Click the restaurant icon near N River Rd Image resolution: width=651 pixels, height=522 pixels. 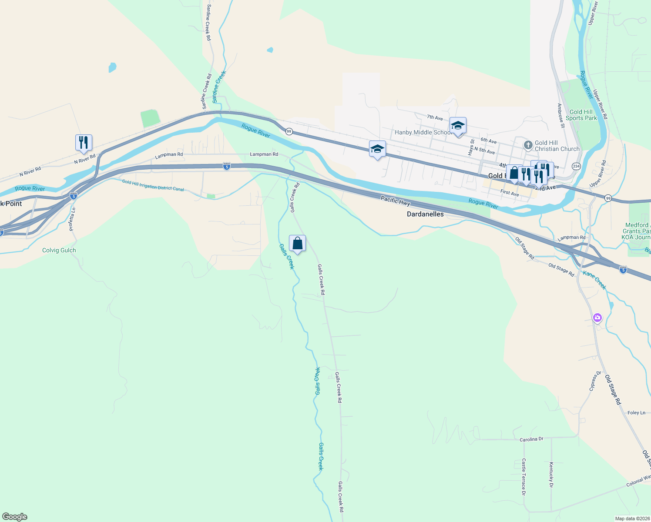(84, 143)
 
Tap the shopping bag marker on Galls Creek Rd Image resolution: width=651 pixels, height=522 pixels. (297, 244)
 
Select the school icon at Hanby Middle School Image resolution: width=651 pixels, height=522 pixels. (458, 126)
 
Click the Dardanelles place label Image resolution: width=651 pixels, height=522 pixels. (425, 214)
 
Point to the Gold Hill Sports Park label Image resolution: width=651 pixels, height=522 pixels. (581, 115)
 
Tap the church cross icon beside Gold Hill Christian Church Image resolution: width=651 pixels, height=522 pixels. (528, 145)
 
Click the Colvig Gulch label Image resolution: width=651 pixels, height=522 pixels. (59, 250)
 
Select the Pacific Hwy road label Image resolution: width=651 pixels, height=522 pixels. (395, 201)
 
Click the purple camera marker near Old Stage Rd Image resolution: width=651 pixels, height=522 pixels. (597, 318)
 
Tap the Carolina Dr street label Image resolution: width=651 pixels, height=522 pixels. (531, 439)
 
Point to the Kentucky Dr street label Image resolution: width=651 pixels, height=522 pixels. (551, 475)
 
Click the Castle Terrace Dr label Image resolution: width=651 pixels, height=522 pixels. (524, 477)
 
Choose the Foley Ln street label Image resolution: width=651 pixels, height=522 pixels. (636, 413)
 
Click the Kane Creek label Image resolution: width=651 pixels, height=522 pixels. (594, 280)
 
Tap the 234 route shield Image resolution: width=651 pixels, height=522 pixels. (576, 166)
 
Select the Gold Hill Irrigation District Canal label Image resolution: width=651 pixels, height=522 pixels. (153, 185)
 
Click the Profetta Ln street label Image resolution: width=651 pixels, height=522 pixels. (72, 219)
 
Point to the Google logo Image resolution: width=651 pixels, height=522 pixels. (15, 517)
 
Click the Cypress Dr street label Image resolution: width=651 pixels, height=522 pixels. (595, 381)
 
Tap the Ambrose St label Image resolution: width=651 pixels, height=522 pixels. (561, 115)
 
